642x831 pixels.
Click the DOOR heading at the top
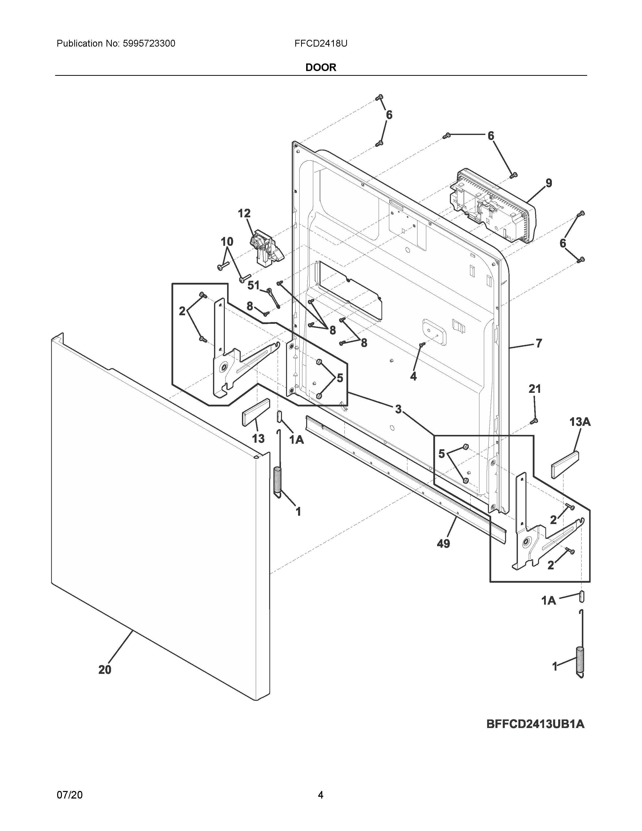pyautogui.click(x=320, y=67)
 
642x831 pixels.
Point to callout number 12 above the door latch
pyautogui.click(x=244, y=214)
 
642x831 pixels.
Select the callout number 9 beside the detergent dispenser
pyautogui.click(x=548, y=183)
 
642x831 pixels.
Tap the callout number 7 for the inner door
pyautogui.click(x=539, y=343)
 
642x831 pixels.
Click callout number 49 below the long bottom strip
pyautogui.click(x=443, y=544)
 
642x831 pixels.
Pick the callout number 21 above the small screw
pyautogui.click(x=534, y=389)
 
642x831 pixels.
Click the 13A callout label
pyautogui.click(x=580, y=422)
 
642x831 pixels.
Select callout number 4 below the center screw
pyautogui.click(x=413, y=376)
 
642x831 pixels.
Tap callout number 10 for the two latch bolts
pyautogui.click(x=227, y=241)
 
